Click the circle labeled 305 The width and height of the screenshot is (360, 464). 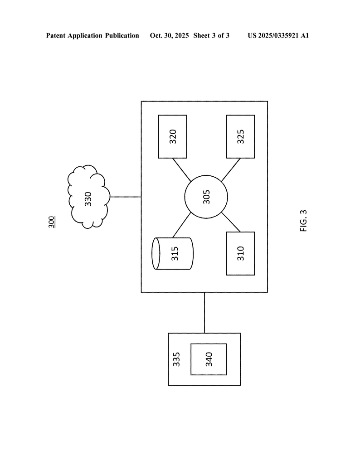(x=206, y=197)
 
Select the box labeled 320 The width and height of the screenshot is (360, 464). (x=172, y=136)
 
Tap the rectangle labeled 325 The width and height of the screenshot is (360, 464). (x=240, y=136)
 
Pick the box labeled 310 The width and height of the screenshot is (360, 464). (x=240, y=253)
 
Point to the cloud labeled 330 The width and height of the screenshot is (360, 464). (x=89, y=197)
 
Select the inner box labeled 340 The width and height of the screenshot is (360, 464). (x=209, y=359)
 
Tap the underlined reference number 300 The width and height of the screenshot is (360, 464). (x=52, y=222)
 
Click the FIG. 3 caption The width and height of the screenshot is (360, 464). (x=303, y=221)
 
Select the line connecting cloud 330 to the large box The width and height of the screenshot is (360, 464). (x=126, y=197)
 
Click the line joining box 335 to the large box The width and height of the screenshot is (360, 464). (x=204, y=313)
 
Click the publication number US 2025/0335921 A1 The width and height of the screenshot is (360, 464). (x=278, y=35)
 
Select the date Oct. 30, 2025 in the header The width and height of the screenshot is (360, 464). (x=169, y=35)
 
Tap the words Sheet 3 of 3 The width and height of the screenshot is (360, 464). (x=211, y=35)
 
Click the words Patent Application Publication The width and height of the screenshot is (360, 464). (x=92, y=35)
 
